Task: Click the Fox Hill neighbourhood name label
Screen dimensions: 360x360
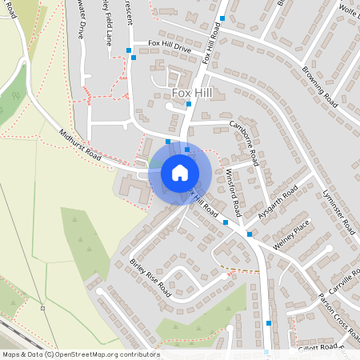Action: [x=193, y=93]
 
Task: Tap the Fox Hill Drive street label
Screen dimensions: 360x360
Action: [x=170, y=48]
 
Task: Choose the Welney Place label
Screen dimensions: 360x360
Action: [x=290, y=238]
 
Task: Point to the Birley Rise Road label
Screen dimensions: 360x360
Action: [x=150, y=278]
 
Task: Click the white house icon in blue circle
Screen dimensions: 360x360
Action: [x=179, y=173]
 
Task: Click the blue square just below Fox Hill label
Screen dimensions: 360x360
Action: [x=189, y=104]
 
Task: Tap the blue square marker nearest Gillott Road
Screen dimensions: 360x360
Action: [x=268, y=323]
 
